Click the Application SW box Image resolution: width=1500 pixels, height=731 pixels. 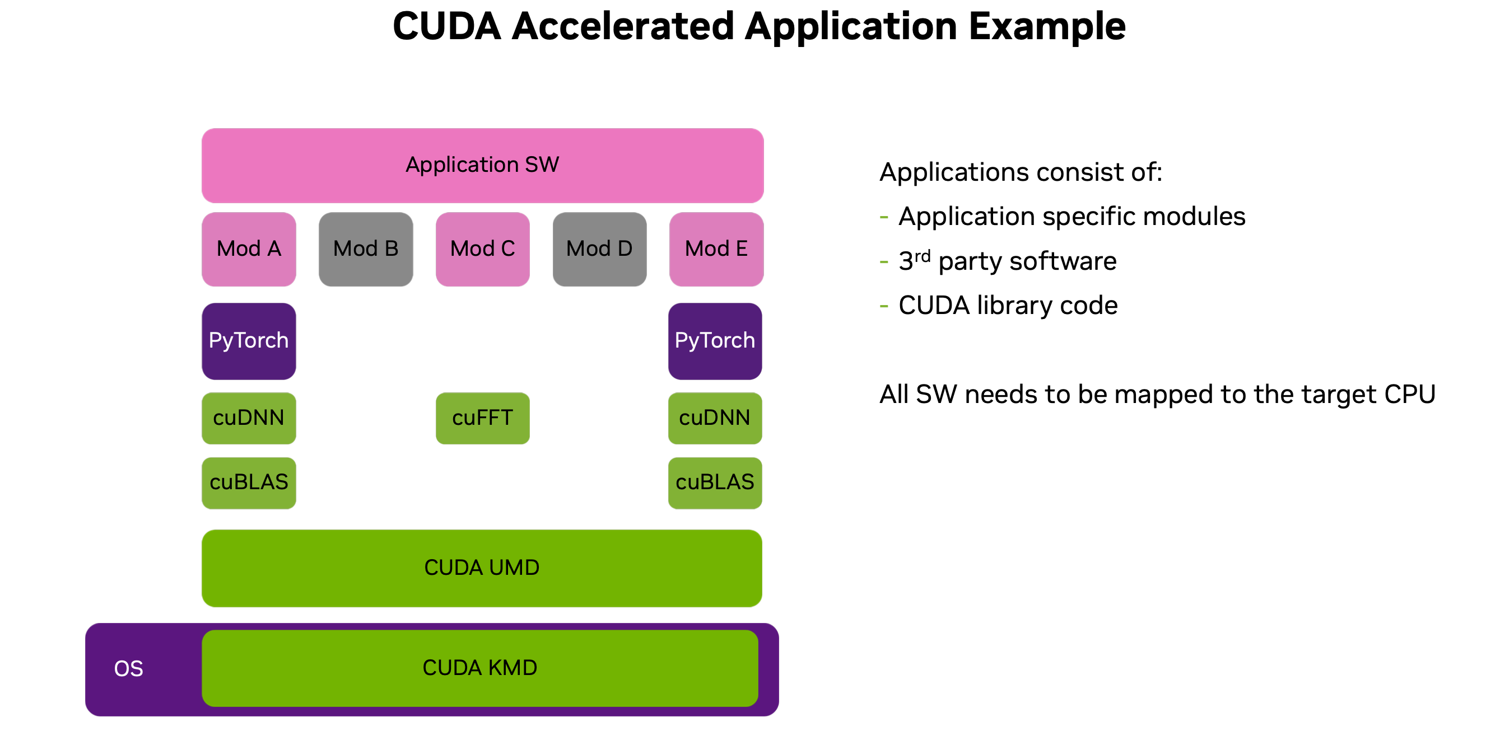click(x=482, y=165)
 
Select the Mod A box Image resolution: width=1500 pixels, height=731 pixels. click(x=249, y=249)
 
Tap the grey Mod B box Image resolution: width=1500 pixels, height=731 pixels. click(x=366, y=249)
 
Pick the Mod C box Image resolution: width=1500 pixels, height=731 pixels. click(x=482, y=249)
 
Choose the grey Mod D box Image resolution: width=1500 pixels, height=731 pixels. click(x=599, y=249)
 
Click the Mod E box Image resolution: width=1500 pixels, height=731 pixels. click(x=716, y=249)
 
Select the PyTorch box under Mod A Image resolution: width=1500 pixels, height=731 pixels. click(x=249, y=341)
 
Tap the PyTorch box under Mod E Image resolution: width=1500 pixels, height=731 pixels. click(x=715, y=341)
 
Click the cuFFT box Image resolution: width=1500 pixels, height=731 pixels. click(x=482, y=418)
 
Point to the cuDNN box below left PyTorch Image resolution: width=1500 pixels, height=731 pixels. click(x=249, y=418)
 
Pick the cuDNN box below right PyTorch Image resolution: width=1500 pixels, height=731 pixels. click(x=715, y=418)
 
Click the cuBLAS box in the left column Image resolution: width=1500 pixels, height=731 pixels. click(x=249, y=482)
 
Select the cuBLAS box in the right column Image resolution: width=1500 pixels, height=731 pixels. click(x=715, y=482)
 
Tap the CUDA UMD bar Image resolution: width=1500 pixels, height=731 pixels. click(x=482, y=568)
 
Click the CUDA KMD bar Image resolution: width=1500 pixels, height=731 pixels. click(x=479, y=668)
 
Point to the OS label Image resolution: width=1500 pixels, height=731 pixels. click(x=128, y=669)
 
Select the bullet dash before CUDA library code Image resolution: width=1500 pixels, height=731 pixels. click(x=884, y=306)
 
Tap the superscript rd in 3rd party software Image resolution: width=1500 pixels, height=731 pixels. click(x=923, y=256)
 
